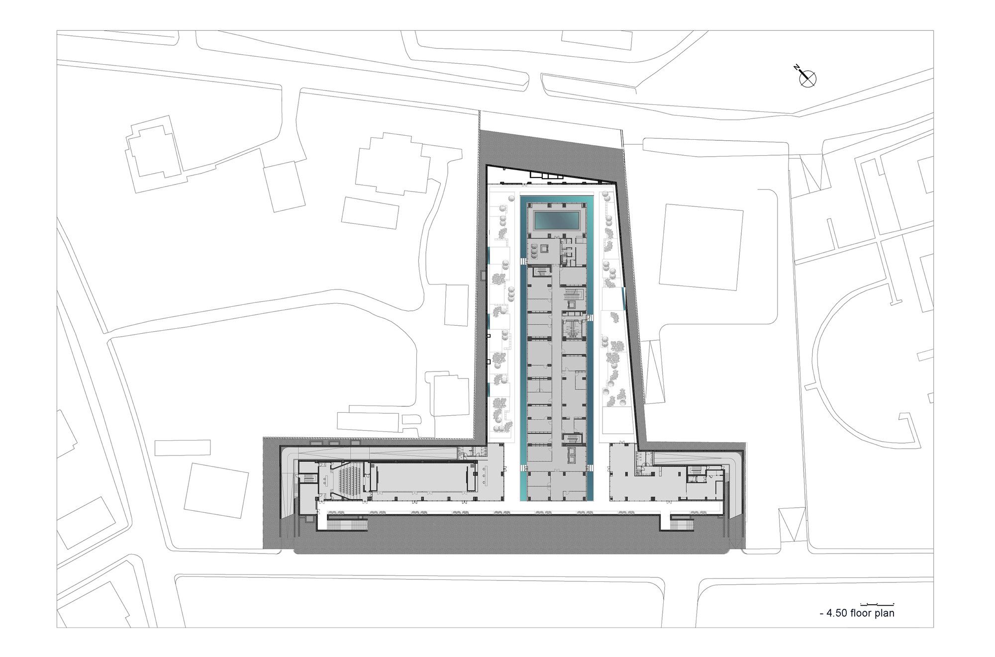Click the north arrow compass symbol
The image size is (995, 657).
[x=807, y=78]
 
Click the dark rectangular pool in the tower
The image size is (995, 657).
[x=557, y=219]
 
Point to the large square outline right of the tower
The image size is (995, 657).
[x=700, y=247]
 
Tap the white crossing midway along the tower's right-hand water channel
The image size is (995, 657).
[x=590, y=318]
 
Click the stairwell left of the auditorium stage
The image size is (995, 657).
[x=309, y=478]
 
